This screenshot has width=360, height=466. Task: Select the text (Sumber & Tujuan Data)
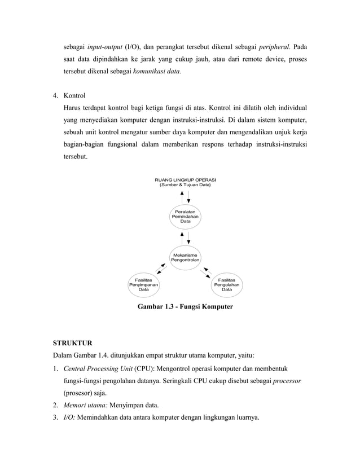185,185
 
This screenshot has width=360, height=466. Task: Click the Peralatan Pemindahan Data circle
185,217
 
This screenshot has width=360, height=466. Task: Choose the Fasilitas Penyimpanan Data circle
144,284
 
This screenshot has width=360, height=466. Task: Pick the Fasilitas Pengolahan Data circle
227,284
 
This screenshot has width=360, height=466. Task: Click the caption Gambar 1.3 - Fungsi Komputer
185,307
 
